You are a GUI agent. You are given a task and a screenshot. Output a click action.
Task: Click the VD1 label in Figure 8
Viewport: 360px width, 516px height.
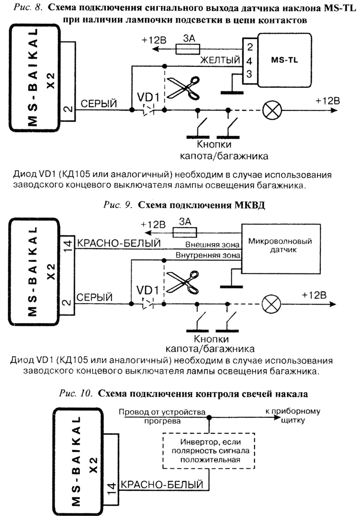148,96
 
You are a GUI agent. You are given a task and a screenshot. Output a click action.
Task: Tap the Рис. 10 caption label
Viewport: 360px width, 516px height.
75,394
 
